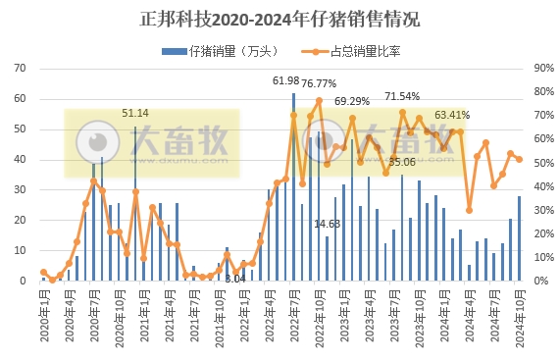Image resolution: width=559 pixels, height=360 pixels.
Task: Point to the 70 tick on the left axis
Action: click(x=21, y=68)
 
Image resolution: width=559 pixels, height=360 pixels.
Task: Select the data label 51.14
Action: click(x=135, y=113)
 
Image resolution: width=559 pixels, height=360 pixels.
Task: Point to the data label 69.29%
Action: click(x=352, y=101)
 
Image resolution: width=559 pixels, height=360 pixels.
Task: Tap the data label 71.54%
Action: click(x=402, y=96)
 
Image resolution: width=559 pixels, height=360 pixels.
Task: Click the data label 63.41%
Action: click(x=452, y=114)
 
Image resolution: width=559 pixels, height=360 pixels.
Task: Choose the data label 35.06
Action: click(x=402, y=162)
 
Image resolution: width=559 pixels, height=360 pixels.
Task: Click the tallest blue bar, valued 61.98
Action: click(x=294, y=186)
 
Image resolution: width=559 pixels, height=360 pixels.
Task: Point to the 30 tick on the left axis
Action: click(x=21, y=189)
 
